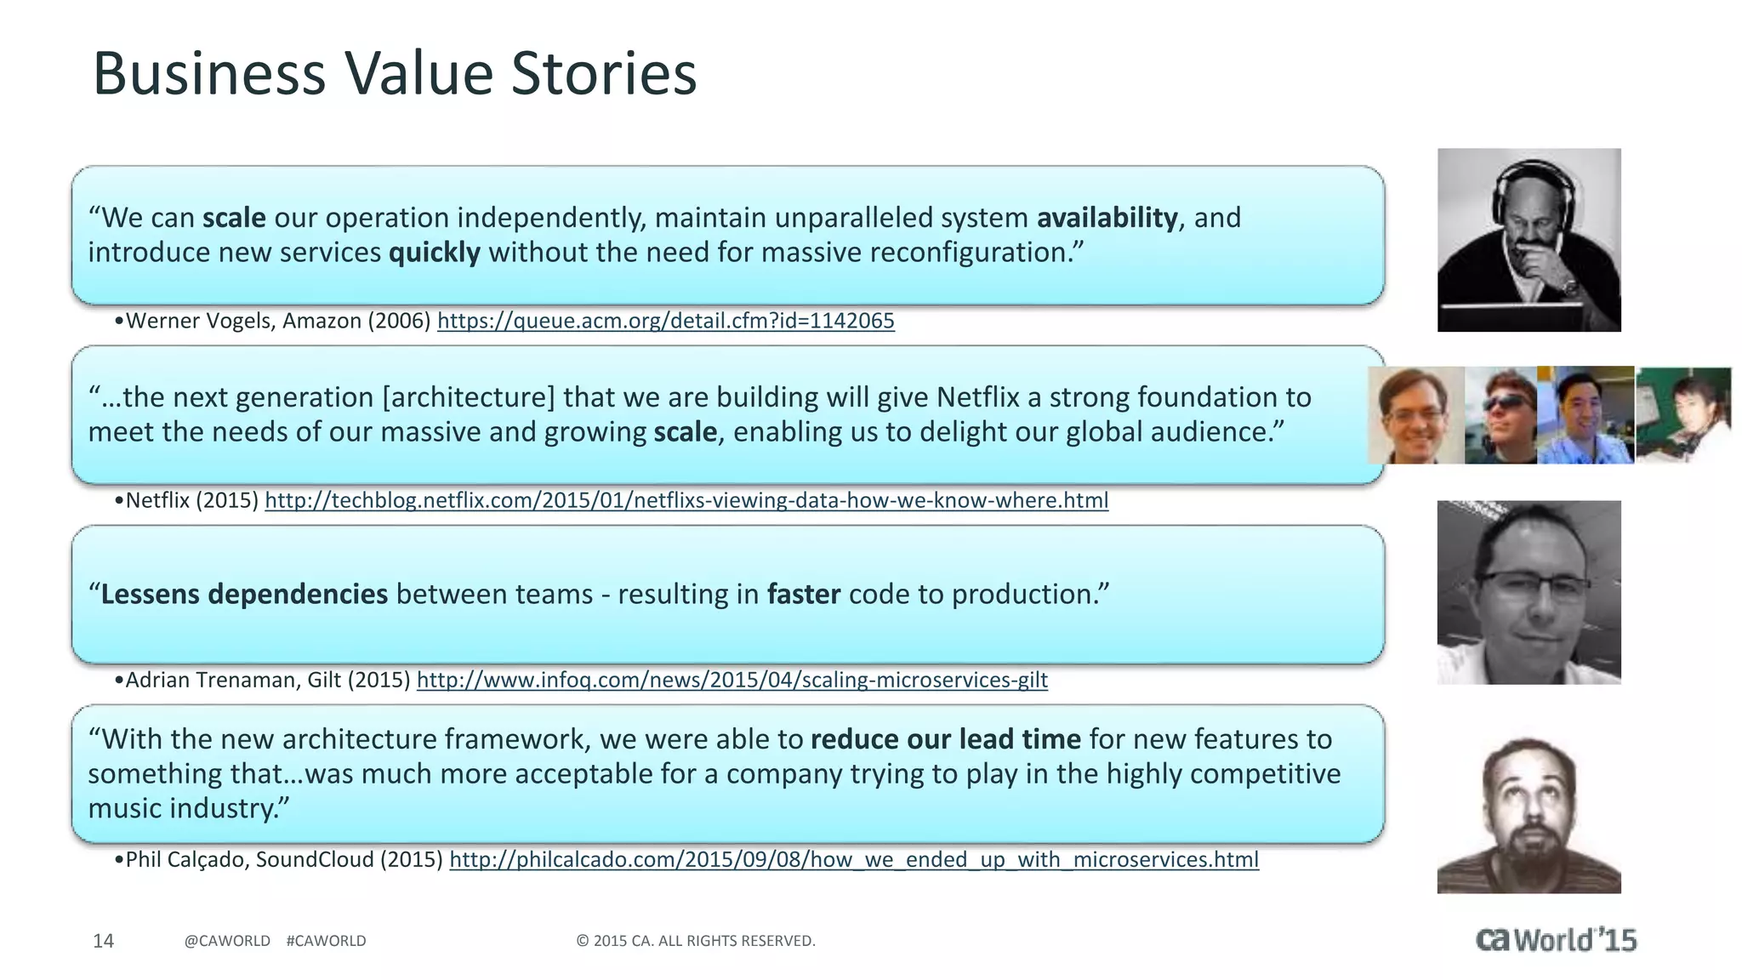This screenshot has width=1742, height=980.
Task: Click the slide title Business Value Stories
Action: (x=394, y=73)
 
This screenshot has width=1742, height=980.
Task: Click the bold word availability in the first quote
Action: (x=1107, y=218)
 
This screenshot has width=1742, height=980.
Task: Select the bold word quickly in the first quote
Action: (x=434, y=253)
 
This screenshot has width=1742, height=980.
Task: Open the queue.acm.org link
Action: (x=665, y=321)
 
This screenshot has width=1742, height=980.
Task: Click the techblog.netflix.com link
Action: (x=686, y=500)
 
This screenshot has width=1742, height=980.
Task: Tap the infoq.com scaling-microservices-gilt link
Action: (x=732, y=680)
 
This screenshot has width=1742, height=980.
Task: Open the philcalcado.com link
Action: (x=853, y=859)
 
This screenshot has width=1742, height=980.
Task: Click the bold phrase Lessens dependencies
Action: (x=243, y=594)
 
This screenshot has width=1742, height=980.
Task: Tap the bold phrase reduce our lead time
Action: (x=945, y=739)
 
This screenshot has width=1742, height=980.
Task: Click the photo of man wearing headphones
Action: (x=1529, y=240)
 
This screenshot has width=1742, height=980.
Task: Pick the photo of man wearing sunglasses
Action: (x=1502, y=415)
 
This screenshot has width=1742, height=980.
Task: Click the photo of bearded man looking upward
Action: (x=1529, y=815)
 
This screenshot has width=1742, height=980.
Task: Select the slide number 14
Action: (x=103, y=941)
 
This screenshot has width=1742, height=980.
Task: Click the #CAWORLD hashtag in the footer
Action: (x=326, y=941)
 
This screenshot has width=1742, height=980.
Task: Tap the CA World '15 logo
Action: (x=1556, y=939)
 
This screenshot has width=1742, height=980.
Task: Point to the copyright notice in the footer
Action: (x=695, y=941)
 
